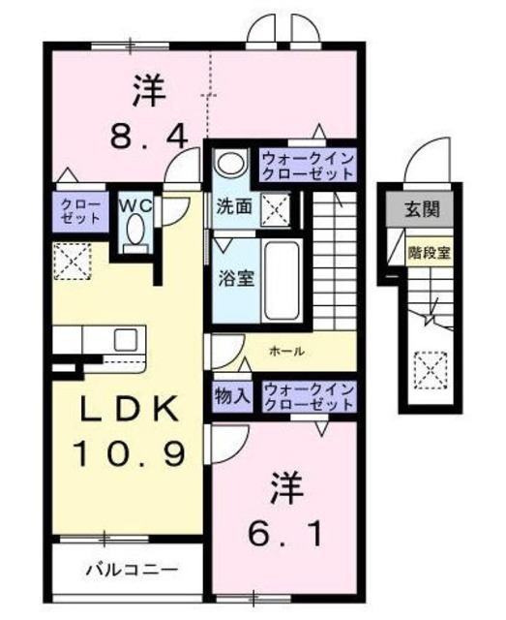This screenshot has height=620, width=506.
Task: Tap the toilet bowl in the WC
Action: coord(134,232)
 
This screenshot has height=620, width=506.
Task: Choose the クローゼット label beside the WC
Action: coord(79,211)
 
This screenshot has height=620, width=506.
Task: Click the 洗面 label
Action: coord(235,206)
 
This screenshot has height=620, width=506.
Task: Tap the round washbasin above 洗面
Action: coord(227,164)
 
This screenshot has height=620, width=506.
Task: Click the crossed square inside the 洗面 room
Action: coord(277,206)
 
